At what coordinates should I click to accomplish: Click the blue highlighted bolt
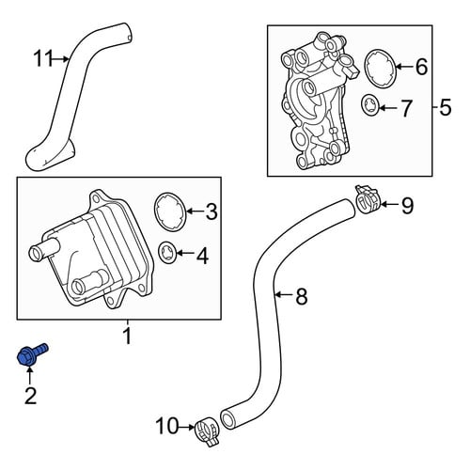[31, 354]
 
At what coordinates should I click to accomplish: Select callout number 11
[43, 58]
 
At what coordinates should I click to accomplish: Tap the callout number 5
[446, 107]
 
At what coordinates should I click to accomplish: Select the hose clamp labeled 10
[207, 431]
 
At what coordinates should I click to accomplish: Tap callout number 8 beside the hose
[301, 296]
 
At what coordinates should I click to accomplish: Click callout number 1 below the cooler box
[128, 336]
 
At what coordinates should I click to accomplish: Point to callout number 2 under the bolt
[30, 396]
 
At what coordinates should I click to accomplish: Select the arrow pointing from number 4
[185, 252]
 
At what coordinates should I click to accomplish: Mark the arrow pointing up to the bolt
[30, 376]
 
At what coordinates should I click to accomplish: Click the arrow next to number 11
[62, 58]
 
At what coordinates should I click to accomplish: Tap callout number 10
[167, 426]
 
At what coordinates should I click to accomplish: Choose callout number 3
[211, 211]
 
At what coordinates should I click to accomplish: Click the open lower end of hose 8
[228, 419]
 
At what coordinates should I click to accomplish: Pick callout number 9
[407, 206]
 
